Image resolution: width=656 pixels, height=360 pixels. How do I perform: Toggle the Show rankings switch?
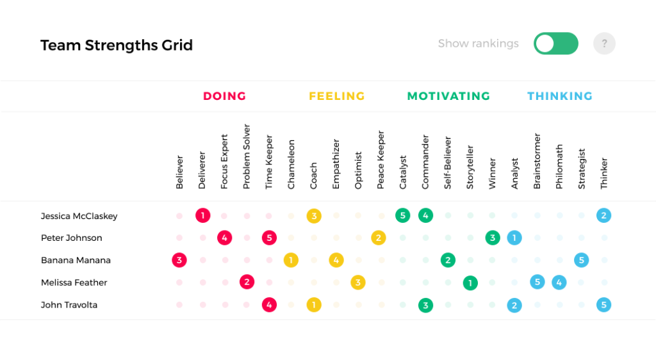[555, 44]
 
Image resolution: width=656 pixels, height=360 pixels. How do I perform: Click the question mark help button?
[604, 44]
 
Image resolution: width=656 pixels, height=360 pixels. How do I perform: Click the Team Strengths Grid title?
[116, 45]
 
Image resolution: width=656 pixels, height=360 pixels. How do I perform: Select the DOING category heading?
[224, 96]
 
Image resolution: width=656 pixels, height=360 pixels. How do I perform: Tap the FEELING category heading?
[336, 96]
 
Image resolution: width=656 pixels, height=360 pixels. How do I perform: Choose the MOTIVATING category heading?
[448, 96]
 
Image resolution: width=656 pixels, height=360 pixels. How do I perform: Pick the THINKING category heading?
[559, 96]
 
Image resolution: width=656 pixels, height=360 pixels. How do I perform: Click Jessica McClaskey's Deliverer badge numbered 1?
[202, 216]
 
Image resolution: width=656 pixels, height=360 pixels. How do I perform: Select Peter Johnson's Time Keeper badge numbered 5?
[269, 238]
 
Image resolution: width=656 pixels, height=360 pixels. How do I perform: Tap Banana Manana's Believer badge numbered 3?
[179, 260]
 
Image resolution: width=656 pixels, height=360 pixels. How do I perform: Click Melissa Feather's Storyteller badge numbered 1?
[470, 282]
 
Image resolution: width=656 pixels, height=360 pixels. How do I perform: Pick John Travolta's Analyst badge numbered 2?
[514, 305]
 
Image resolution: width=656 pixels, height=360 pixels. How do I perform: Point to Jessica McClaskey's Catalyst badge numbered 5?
[402, 216]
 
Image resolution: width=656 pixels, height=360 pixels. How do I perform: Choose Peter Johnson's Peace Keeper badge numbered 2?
[379, 238]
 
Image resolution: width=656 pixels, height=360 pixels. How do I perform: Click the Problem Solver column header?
[247, 157]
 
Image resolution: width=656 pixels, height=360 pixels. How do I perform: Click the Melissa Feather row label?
[74, 282]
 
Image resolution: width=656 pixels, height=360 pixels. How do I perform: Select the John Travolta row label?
[69, 305]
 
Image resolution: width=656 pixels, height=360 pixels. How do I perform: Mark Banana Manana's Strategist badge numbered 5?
[581, 260]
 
